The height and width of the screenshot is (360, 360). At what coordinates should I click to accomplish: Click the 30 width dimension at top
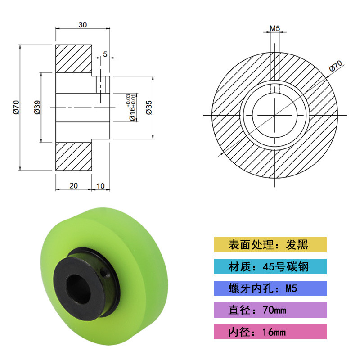(x=83, y=25)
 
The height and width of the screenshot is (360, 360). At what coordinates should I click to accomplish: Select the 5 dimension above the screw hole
(x=105, y=54)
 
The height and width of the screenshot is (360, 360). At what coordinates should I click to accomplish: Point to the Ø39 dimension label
(x=37, y=107)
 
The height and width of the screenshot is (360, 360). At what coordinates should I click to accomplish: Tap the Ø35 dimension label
(x=149, y=108)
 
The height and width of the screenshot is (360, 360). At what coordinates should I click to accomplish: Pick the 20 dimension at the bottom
(x=73, y=185)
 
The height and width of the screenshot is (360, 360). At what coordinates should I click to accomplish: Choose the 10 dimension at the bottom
(x=100, y=186)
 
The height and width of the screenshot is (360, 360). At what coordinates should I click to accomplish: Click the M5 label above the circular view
(x=274, y=28)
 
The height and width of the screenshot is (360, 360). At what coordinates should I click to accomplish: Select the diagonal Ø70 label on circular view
(x=336, y=66)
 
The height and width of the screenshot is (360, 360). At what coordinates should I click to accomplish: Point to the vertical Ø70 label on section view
(x=16, y=107)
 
